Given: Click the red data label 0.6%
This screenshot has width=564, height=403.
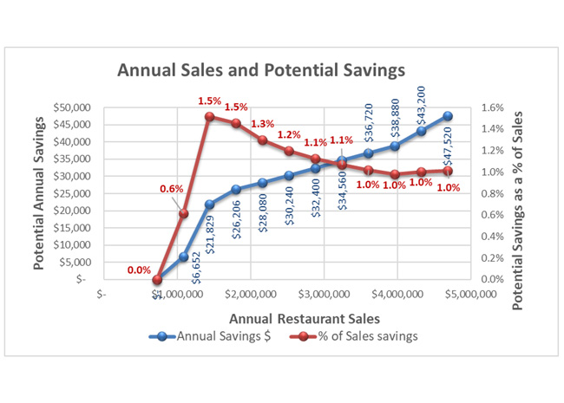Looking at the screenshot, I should tap(171, 189).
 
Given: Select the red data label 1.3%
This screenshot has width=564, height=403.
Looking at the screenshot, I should tap(262, 124).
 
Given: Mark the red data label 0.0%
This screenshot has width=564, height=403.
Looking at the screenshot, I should tap(139, 270).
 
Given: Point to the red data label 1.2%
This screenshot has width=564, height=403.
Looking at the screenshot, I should tap(289, 135).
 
